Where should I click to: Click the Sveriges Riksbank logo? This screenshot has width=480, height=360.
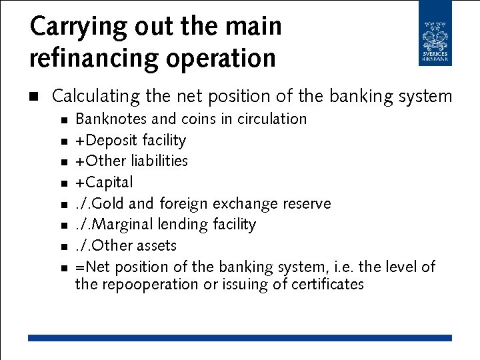(435, 33)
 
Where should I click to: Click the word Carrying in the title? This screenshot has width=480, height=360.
(69, 27)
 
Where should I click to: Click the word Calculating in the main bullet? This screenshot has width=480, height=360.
(95, 97)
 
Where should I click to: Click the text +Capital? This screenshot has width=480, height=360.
(104, 183)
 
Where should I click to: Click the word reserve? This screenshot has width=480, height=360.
(305, 203)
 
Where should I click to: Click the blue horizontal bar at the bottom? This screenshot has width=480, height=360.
(239, 338)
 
